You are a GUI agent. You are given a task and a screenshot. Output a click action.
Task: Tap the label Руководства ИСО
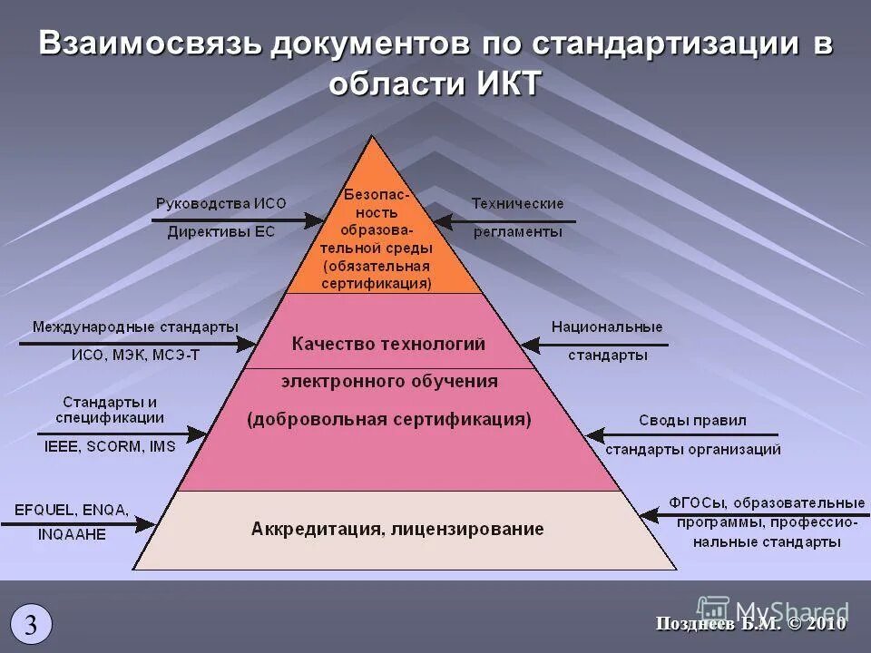click(214, 204)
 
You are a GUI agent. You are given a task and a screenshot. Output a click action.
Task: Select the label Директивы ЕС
click(220, 231)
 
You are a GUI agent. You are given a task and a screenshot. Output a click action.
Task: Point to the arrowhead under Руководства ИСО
click(316, 219)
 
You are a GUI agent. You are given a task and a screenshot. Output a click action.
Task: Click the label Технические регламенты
click(517, 218)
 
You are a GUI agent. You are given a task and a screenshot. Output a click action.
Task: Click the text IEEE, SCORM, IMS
click(110, 446)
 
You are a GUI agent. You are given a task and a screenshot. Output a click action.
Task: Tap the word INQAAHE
click(72, 534)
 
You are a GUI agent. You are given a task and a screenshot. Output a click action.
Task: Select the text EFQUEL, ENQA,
click(72, 509)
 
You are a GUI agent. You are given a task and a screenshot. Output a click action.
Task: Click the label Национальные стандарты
click(607, 341)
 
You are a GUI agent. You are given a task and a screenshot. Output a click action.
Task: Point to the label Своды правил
click(679, 421)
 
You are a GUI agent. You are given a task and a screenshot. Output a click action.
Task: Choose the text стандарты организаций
click(692, 448)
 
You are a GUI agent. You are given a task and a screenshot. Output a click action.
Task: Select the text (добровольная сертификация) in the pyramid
click(389, 419)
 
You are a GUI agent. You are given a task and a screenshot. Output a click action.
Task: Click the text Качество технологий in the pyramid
click(388, 345)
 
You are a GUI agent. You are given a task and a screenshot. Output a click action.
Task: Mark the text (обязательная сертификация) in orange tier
click(377, 275)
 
